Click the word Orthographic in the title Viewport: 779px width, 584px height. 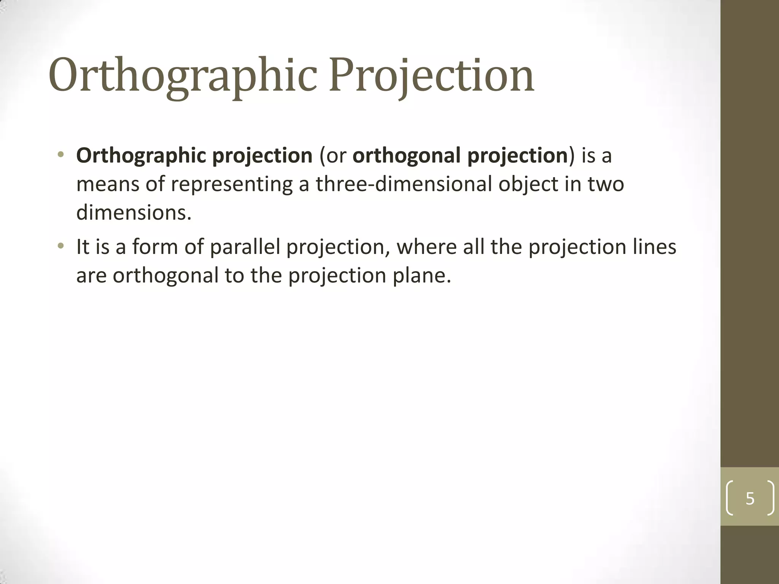(x=183, y=76)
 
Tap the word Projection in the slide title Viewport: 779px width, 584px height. (x=431, y=76)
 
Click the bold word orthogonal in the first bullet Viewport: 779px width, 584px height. (x=407, y=156)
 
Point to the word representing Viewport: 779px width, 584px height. (x=232, y=184)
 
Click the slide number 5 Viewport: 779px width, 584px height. (x=750, y=498)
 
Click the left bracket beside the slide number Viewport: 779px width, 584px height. (x=730, y=498)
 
